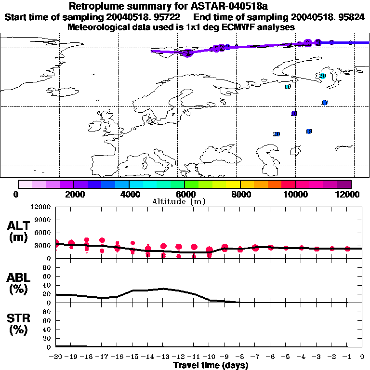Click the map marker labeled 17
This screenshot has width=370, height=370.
coord(324,103)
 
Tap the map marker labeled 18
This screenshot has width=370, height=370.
coord(294,114)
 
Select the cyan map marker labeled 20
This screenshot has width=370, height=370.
coord(322,76)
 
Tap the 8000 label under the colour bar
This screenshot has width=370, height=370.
coord(239,194)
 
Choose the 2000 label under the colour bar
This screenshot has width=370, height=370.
coord(73,194)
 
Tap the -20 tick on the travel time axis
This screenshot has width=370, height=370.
coord(55,357)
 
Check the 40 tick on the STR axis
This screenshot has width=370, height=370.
coord(48,329)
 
